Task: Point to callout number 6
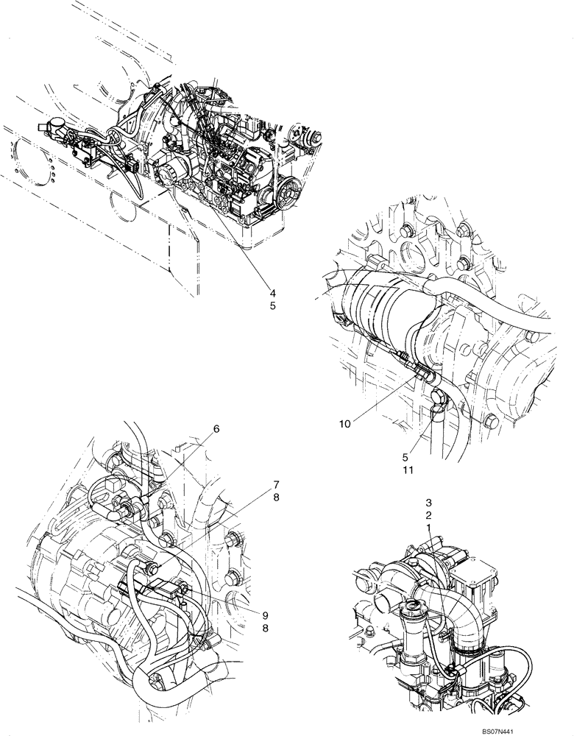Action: [216, 428]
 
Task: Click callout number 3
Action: [428, 503]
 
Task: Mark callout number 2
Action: [428, 516]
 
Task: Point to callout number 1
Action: [428, 529]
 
